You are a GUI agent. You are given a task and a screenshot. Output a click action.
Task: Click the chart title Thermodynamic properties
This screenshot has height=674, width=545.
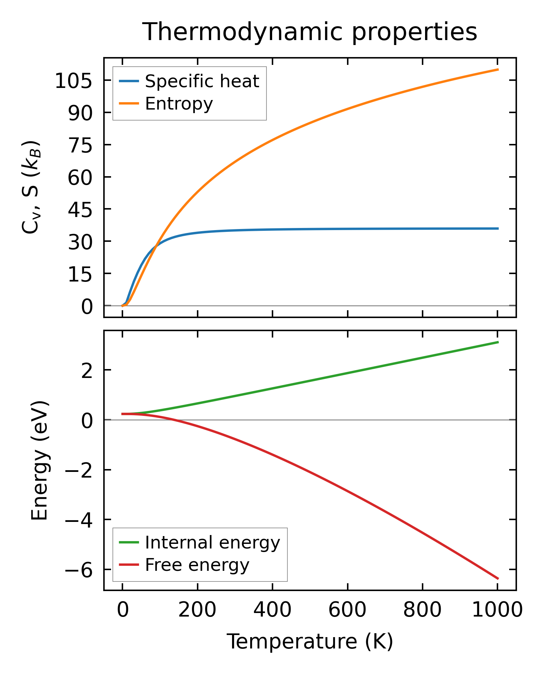click(x=309, y=32)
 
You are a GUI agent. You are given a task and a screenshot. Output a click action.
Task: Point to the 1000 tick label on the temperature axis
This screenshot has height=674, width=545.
click(x=497, y=611)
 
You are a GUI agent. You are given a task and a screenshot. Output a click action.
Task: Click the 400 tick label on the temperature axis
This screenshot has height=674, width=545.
click(x=272, y=611)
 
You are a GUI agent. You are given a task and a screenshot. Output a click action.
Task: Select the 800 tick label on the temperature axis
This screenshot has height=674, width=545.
click(x=422, y=611)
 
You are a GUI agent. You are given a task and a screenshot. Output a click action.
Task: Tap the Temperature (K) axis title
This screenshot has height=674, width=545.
click(x=310, y=641)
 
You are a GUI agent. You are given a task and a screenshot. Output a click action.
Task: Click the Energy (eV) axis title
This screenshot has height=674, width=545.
click(x=39, y=461)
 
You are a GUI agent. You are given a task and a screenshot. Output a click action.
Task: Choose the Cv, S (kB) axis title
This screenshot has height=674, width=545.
click(x=31, y=188)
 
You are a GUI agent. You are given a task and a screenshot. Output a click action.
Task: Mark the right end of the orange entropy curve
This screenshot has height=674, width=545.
click(x=498, y=69)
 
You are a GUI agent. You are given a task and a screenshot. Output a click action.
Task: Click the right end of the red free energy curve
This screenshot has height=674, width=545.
click(x=498, y=578)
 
